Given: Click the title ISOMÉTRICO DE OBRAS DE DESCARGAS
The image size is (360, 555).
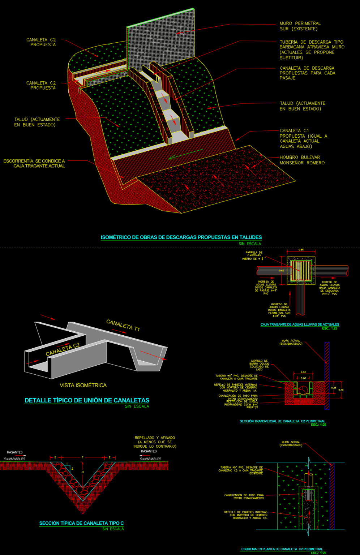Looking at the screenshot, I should tap(181, 237).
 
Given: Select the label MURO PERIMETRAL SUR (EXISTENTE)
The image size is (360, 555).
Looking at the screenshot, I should tap(300, 26).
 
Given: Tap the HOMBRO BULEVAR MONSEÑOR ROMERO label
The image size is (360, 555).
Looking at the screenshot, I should tap(302, 160).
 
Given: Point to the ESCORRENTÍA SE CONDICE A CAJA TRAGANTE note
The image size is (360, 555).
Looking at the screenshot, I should tap(34, 163).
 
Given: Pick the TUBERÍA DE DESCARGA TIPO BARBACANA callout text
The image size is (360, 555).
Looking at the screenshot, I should tap(312, 50).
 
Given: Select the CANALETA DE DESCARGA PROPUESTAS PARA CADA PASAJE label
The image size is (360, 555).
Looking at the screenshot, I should tap(307, 73).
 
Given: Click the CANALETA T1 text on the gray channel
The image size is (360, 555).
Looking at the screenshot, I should tap(123, 325).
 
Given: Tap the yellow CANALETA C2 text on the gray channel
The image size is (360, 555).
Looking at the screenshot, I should tap(63, 349).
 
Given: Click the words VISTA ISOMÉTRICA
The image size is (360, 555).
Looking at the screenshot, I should tap(83, 386).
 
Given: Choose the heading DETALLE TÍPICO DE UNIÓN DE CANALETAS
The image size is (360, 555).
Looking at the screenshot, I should tap(87, 400).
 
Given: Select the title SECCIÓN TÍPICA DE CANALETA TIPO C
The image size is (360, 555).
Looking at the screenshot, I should tap(81, 523).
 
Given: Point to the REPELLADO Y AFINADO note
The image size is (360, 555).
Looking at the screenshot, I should tap(155, 442).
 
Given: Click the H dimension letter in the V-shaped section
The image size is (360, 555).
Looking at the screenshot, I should tap(83, 472).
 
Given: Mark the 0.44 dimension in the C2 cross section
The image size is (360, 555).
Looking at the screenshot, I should tap(303, 372).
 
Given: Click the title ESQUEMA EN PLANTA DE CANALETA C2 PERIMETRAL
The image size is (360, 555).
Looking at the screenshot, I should tap(282, 549).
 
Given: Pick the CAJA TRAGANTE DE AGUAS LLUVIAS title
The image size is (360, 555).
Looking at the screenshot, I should tap(300, 324).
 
